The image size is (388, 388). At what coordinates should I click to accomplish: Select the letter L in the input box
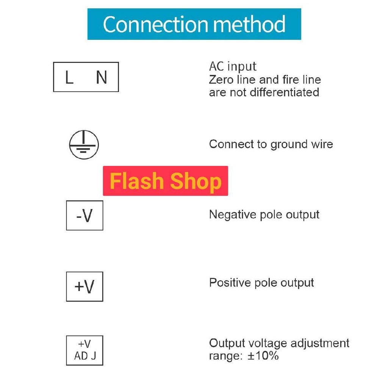click(70, 77)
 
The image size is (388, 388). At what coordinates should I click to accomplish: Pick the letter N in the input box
click(102, 77)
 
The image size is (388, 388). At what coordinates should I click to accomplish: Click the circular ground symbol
click(84, 144)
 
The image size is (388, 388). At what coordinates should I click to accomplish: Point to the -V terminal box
click(84, 215)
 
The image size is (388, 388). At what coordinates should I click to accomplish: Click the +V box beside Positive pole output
click(84, 286)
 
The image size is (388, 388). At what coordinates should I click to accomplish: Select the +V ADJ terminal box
click(84, 350)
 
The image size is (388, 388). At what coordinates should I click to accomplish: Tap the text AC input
click(233, 67)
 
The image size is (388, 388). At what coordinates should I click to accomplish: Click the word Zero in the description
click(221, 80)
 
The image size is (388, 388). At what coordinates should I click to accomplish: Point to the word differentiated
click(285, 92)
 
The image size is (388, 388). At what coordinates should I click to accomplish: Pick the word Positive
click(230, 282)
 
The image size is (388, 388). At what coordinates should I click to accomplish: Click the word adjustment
click(320, 344)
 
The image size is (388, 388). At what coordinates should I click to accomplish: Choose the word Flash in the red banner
click(137, 181)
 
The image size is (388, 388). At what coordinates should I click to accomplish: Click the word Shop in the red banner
click(196, 181)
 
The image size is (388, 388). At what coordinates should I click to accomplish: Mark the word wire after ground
click(322, 144)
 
